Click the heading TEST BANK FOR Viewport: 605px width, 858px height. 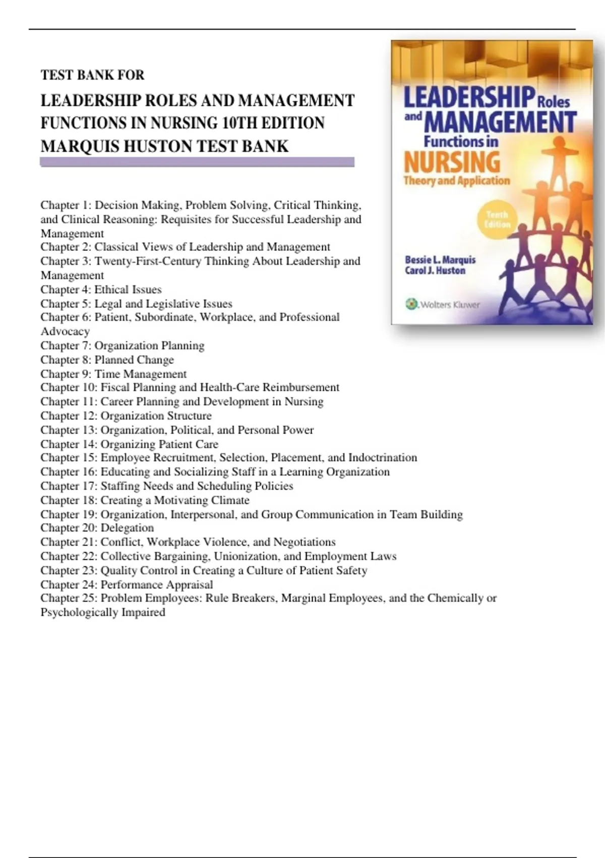tap(92, 75)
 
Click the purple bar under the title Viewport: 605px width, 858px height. tap(197, 162)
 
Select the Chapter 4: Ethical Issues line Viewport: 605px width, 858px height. tap(101, 290)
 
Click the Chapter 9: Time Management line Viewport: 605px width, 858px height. tap(113, 374)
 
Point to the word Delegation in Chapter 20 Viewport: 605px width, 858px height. tap(127, 528)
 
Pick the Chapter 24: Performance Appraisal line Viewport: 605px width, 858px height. tap(127, 584)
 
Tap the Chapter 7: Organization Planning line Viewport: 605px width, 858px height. tap(123, 346)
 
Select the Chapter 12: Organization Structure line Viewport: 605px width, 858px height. tap(126, 416)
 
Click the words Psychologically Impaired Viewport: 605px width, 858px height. tap(103, 612)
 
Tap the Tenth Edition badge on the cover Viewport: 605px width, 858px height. tap(497, 220)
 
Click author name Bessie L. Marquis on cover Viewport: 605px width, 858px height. tap(440, 260)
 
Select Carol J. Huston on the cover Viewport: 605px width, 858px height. tap(435, 271)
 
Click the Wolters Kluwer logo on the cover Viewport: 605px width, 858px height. tap(443, 304)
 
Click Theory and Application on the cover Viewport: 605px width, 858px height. tap(457, 181)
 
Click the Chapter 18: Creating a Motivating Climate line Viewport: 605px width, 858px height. tap(145, 500)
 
